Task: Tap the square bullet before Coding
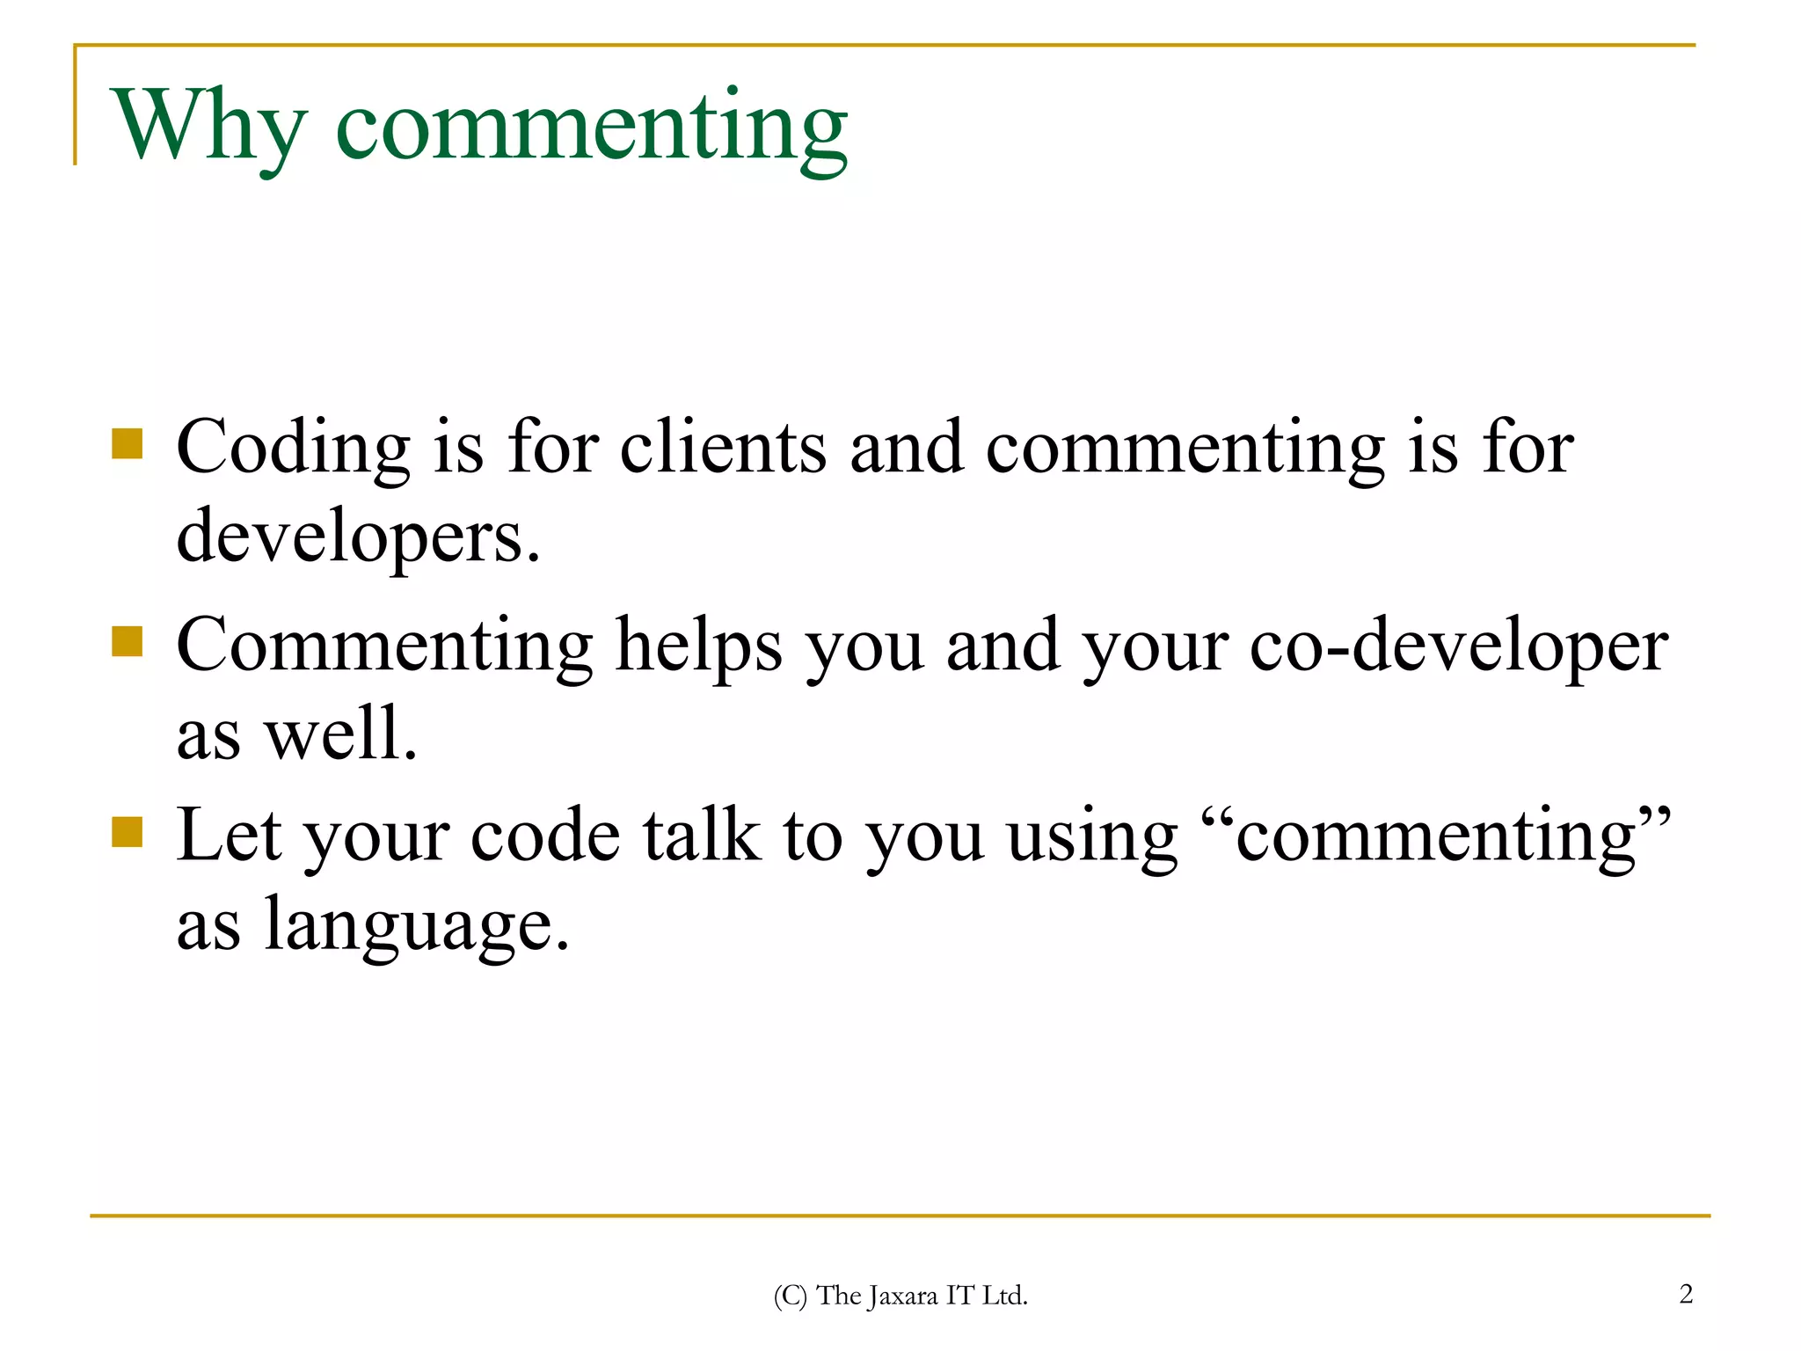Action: (x=128, y=444)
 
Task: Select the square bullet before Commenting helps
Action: (x=128, y=642)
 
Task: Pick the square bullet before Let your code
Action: (x=128, y=832)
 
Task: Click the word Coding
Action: (x=293, y=449)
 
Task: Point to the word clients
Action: (x=723, y=449)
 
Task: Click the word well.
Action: (x=341, y=734)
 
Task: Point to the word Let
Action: (x=229, y=836)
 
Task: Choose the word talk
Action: (x=701, y=836)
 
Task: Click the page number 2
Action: (x=1686, y=1294)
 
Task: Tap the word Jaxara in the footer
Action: (x=903, y=1296)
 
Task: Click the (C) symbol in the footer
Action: (x=790, y=1296)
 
